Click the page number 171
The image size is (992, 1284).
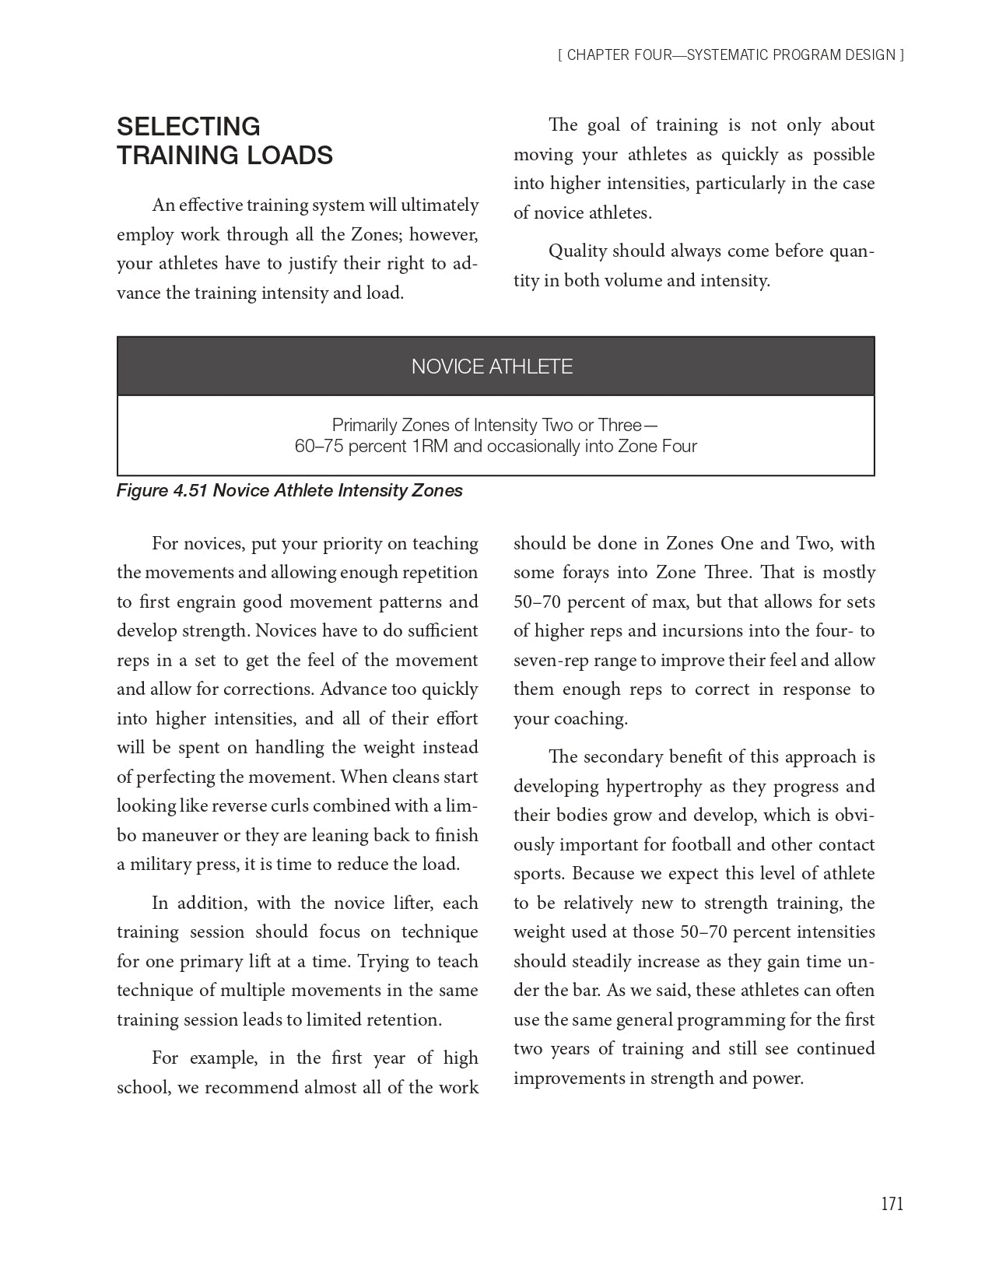click(892, 1204)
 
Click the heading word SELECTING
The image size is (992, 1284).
click(188, 127)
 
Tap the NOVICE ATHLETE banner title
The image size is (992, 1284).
click(492, 367)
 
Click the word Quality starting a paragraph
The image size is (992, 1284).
click(577, 251)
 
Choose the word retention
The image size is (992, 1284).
click(406, 1020)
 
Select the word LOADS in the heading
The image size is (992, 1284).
click(290, 156)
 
